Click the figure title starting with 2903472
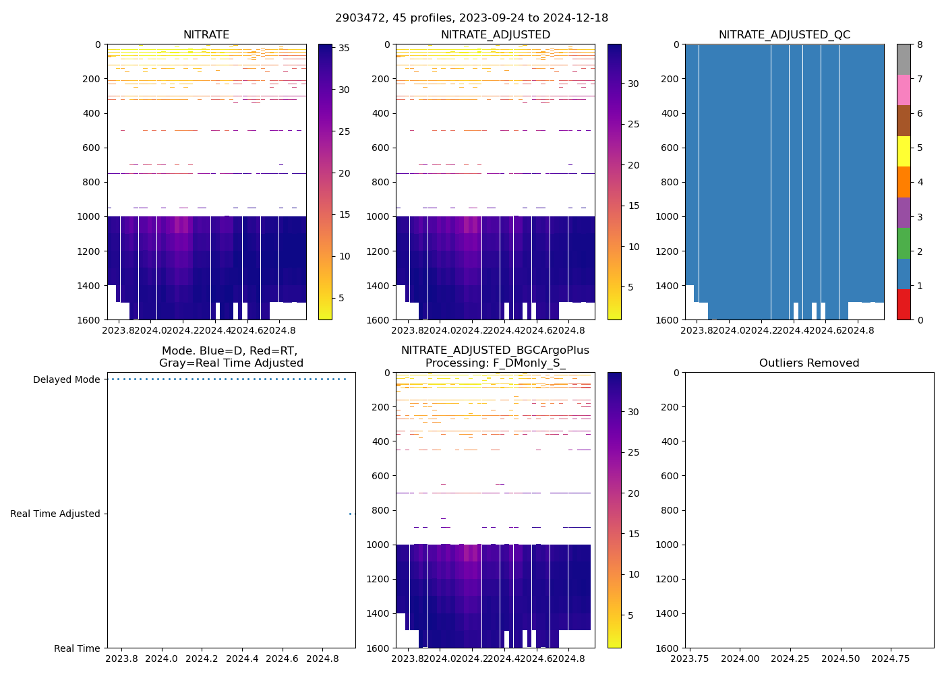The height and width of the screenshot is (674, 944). [471, 18]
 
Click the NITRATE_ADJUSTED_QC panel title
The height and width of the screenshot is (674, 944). [784, 35]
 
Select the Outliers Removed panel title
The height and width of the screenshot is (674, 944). [809, 363]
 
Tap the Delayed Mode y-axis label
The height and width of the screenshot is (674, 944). [66, 379]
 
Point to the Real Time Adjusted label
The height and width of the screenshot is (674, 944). [55, 514]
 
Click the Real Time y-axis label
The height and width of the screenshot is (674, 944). [77, 648]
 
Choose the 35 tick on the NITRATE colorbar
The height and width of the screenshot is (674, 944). [344, 48]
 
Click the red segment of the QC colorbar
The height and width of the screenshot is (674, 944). [904, 304]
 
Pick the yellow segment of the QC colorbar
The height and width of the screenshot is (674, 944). [904, 151]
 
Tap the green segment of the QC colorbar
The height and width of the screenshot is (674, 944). [904, 243]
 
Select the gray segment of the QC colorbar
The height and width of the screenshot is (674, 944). [904, 59]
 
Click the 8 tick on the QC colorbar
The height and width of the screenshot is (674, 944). [918, 44]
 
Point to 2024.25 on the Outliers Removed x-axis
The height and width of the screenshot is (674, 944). [790, 658]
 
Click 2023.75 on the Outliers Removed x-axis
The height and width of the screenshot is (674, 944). [690, 658]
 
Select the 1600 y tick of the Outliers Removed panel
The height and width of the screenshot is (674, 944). [669, 648]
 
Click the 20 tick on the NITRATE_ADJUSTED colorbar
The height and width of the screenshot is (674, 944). [634, 165]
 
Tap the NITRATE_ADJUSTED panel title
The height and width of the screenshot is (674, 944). [495, 35]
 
